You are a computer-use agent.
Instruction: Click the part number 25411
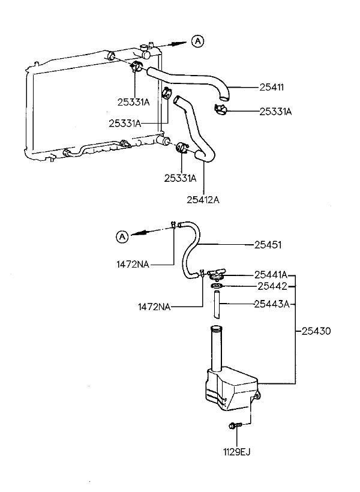click(x=271, y=87)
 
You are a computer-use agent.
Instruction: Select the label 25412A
click(x=203, y=200)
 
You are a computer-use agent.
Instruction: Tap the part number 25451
click(x=268, y=245)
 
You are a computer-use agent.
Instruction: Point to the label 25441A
click(x=271, y=275)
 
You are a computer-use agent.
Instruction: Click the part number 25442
click(x=272, y=286)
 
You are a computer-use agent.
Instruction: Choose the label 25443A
click(x=271, y=304)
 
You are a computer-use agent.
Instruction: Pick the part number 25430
click(x=316, y=331)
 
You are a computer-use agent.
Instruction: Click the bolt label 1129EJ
click(x=237, y=452)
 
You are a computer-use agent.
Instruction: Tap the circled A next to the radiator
click(x=197, y=41)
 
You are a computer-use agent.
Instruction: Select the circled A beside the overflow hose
click(x=122, y=236)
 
